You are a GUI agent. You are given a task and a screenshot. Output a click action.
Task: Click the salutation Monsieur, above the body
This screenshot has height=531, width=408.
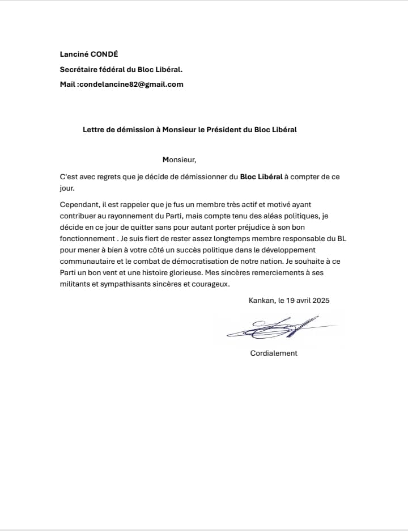click(179, 160)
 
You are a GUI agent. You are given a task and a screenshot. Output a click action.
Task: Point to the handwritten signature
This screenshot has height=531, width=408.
click(278, 328)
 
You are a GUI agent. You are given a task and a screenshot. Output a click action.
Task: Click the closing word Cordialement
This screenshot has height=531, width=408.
click(274, 353)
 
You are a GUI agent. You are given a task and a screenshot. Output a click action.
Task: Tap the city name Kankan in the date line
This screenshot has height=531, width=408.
click(261, 301)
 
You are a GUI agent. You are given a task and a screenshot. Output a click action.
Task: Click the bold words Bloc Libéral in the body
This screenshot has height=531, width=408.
click(261, 176)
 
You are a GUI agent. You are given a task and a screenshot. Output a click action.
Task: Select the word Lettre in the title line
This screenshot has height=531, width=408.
click(93, 130)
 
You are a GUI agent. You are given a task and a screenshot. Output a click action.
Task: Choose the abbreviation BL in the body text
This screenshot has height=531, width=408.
click(341, 238)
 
